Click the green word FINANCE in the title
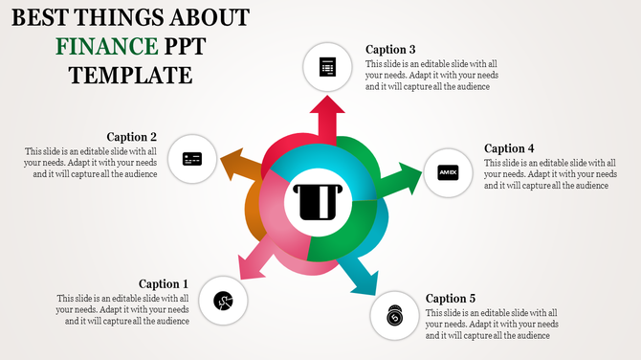tap(106, 45)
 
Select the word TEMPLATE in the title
tap(130, 74)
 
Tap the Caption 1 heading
tap(164, 283)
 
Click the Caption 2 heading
tap(132, 137)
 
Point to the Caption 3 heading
tap(390, 50)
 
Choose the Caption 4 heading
tap(509, 148)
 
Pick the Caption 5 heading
tap(451, 299)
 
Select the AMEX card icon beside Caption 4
tap(448, 172)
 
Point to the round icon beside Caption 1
tap(223, 302)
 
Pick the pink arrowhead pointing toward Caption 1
tap(244, 271)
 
